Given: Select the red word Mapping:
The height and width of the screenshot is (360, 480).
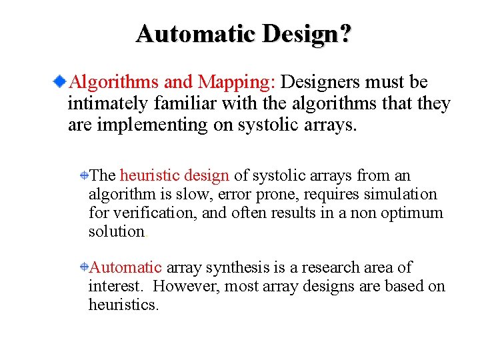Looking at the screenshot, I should click(x=236, y=82).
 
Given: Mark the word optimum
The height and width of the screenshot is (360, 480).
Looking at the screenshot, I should click(x=411, y=213).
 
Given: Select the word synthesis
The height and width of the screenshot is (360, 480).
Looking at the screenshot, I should click(x=237, y=268).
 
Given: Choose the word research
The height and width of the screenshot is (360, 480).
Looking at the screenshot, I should click(x=333, y=268).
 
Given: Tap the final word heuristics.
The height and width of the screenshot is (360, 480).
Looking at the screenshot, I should click(x=124, y=305).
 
